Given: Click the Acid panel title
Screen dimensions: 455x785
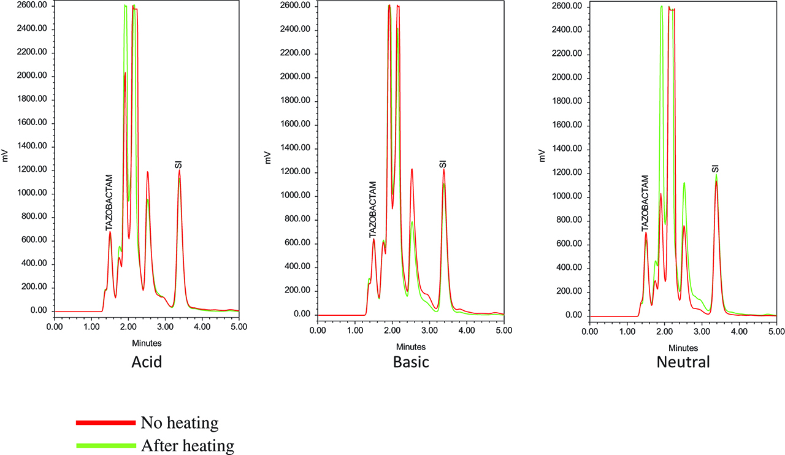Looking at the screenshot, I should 147,362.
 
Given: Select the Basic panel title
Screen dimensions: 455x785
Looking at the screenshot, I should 411,362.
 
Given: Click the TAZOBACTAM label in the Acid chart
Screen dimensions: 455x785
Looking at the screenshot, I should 109,202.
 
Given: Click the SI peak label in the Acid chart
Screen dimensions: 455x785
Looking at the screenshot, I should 179,164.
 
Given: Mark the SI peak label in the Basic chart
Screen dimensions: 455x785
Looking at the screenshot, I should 443,164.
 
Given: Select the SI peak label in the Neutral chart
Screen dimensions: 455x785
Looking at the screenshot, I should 715,168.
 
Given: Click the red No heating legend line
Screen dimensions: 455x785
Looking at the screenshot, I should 105,422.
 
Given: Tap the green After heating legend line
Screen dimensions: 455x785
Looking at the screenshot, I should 105,446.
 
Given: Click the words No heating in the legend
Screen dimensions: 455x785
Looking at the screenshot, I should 179,422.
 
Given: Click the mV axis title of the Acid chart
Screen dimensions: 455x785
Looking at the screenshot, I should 6,157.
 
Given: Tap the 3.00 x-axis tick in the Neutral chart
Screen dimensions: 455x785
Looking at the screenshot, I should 701,331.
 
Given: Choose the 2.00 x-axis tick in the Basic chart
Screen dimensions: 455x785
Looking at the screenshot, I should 392,331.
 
